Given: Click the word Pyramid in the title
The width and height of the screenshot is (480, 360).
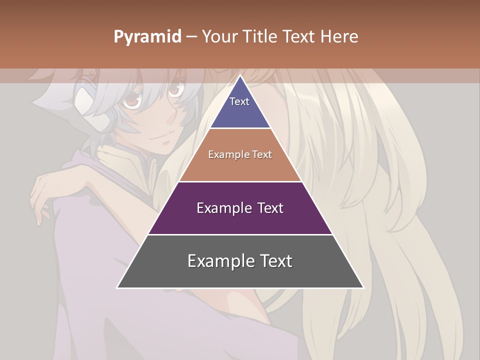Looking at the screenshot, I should (147, 37).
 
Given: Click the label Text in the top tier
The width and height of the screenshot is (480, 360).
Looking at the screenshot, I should (239, 101).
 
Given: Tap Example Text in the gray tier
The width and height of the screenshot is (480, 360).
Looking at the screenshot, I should (240, 261).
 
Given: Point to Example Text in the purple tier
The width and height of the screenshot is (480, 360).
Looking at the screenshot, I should (240, 208).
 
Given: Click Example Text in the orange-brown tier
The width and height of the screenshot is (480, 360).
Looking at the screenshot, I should (240, 154).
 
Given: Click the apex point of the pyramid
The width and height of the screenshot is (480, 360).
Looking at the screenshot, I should (240, 76).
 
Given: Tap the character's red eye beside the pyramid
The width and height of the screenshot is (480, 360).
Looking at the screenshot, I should (174, 89).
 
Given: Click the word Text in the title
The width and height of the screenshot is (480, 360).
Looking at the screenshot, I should (298, 36).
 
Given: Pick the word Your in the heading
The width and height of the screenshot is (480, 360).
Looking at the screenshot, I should (218, 36).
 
